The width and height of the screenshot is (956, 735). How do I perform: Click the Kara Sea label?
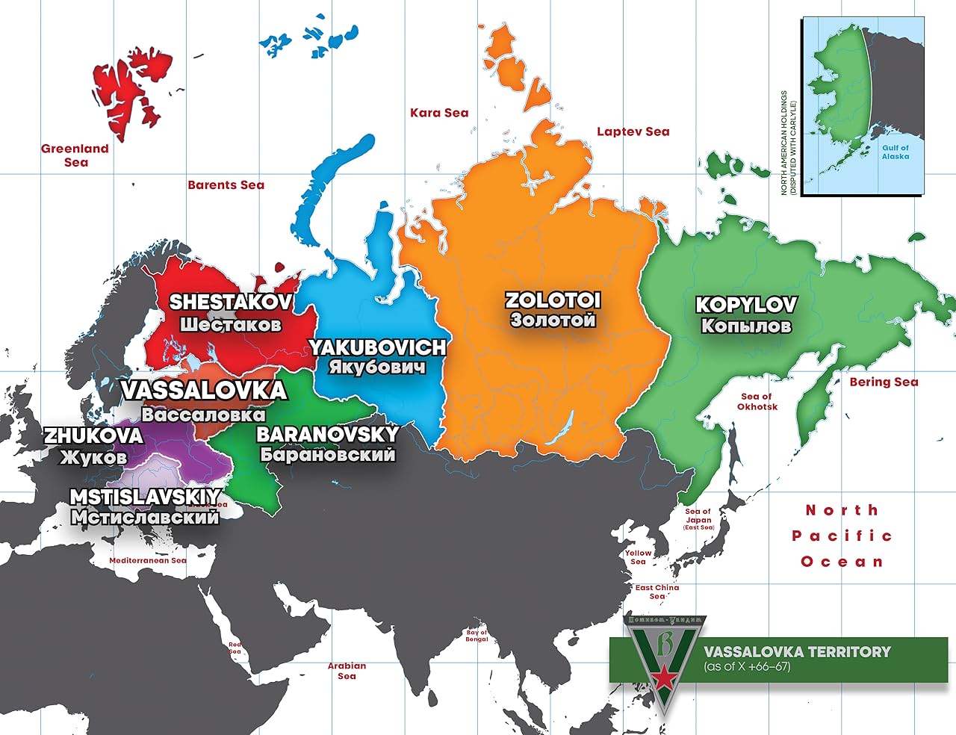click(x=439, y=113)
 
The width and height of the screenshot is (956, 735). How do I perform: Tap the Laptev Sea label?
click(x=633, y=131)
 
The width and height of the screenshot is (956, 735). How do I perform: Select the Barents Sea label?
click(x=226, y=185)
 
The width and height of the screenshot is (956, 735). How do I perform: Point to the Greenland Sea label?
click(x=75, y=155)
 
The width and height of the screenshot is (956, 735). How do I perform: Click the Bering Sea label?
click(x=884, y=382)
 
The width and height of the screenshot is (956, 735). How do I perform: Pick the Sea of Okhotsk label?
click(x=757, y=402)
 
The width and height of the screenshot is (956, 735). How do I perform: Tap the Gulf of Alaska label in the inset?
click(x=895, y=152)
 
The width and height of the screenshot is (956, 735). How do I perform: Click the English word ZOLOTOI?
click(x=553, y=300)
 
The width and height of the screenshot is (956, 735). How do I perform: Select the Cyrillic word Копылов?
click(x=745, y=326)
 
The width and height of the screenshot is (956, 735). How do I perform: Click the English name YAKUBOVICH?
click(x=377, y=347)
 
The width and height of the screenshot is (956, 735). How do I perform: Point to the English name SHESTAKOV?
click(x=230, y=303)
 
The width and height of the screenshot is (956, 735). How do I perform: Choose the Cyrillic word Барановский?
click(x=327, y=454)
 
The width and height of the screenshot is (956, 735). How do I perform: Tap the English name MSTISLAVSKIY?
click(x=145, y=497)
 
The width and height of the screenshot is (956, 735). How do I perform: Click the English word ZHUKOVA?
click(x=93, y=435)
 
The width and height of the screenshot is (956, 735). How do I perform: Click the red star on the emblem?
click(x=662, y=678)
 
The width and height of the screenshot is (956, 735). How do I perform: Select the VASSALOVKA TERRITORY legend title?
click(x=797, y=651)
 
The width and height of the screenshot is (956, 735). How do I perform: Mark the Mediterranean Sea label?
click(x=148, y=560)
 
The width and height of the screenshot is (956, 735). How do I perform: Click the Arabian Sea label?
click(x=347, y=671)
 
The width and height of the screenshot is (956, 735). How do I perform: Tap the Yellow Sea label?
click(x=638, y=557)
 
